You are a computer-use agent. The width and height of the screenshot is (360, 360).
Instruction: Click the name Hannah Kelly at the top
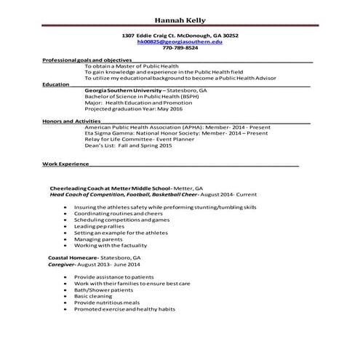click(180, 18)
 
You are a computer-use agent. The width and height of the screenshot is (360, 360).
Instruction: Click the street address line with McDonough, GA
click(180, 35)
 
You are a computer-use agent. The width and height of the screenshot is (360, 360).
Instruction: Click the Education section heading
click(56, 84)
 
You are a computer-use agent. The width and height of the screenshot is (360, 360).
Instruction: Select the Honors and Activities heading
click(71, 121)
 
